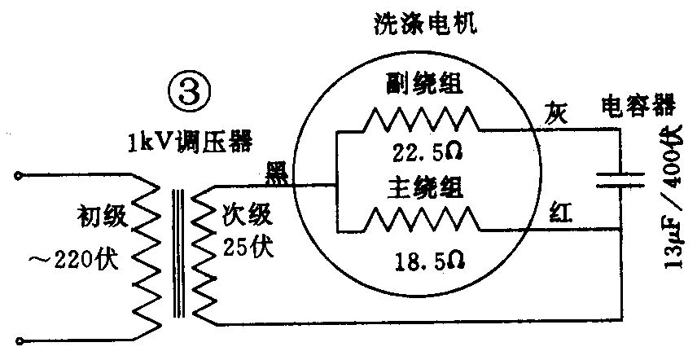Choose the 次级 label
tap(244, 216)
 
